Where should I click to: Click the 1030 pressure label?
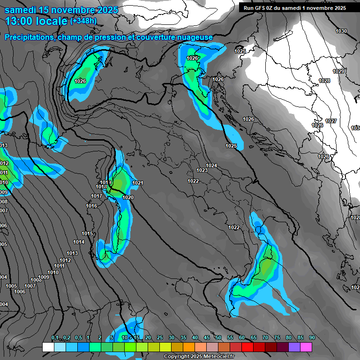pos(341,31)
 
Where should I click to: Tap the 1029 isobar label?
pos(338,71)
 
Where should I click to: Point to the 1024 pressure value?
pos(211,165)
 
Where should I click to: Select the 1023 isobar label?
pos(202,170)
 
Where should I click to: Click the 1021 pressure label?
pos(138,183)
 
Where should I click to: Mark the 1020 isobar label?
pos(127,197)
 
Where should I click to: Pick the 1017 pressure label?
pos(97,196)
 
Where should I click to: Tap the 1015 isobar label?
pos(87,233)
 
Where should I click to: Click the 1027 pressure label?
pos(331,121)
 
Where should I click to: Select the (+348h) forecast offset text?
pos(83,21)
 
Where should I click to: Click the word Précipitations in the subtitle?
pos(30,37)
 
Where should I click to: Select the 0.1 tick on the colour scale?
pos(55,338)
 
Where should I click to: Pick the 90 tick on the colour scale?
pos(312,338)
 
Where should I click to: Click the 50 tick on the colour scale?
pos(218,338)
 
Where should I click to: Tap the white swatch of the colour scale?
pos(48,347)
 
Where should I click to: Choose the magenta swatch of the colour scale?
pos(306,347)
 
